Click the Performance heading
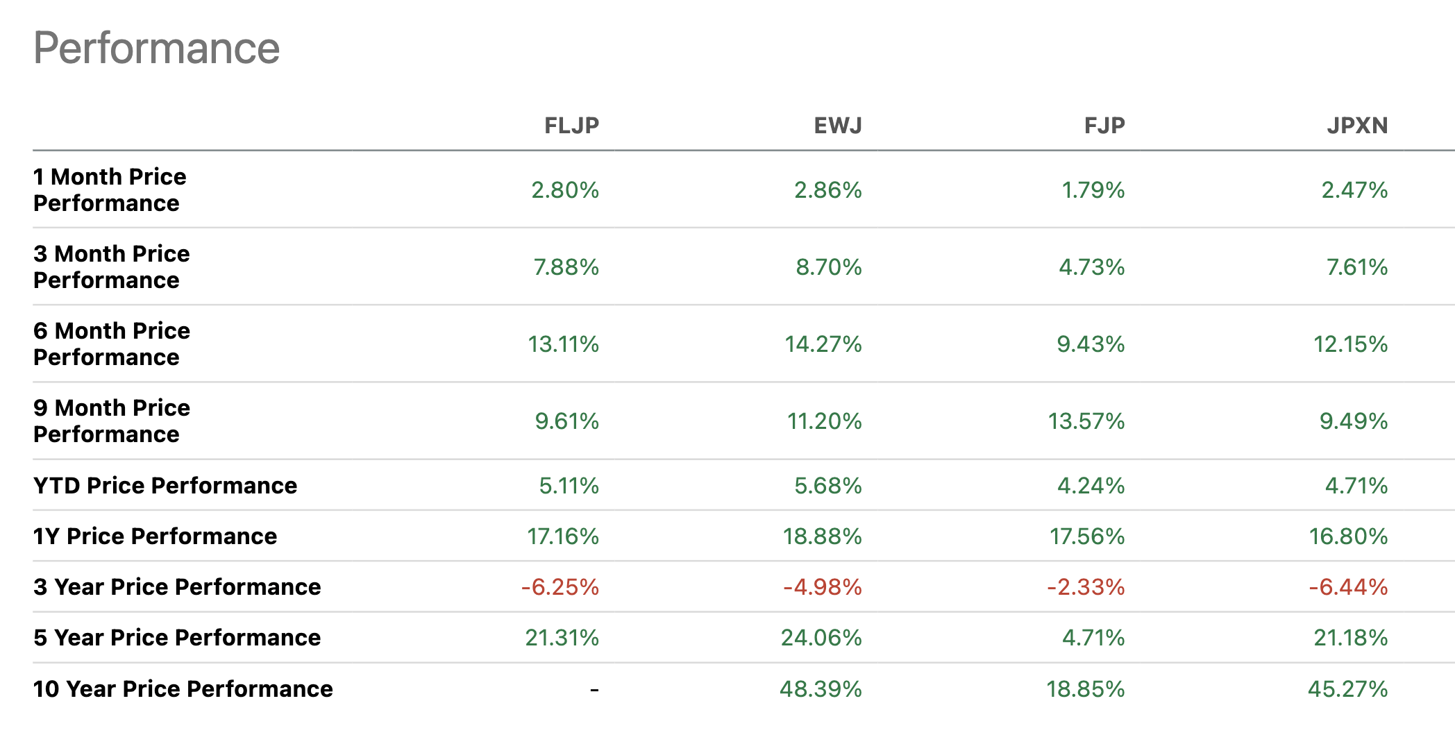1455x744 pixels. click(156, 49)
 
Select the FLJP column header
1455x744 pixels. click(571, 126)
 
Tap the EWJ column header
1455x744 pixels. click(838, 126)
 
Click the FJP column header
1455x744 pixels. click(1104, 126)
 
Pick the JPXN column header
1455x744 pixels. click(1357, 126)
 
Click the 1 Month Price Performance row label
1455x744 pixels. click(110, 189)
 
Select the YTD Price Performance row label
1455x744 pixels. click(165, 485)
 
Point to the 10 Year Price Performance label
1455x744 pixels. click(183, 688)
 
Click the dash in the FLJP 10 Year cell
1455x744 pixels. click(594, 689)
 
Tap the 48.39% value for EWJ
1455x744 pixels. click(821, 689)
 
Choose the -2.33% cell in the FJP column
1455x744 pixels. click(1086, 587)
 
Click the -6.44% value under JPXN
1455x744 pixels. click(1348, 587)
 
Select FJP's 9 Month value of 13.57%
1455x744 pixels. click(1086, 421)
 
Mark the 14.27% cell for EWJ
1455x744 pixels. click(823, 344)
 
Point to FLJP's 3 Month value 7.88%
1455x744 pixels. click(566, 267)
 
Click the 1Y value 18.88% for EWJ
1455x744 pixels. click(822, 536)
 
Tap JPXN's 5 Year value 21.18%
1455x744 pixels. click(1350, 638)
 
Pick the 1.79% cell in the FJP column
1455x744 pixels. click(1093, 190)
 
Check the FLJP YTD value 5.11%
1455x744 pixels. click(569, 486)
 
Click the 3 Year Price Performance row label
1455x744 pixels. click(177, 587)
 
